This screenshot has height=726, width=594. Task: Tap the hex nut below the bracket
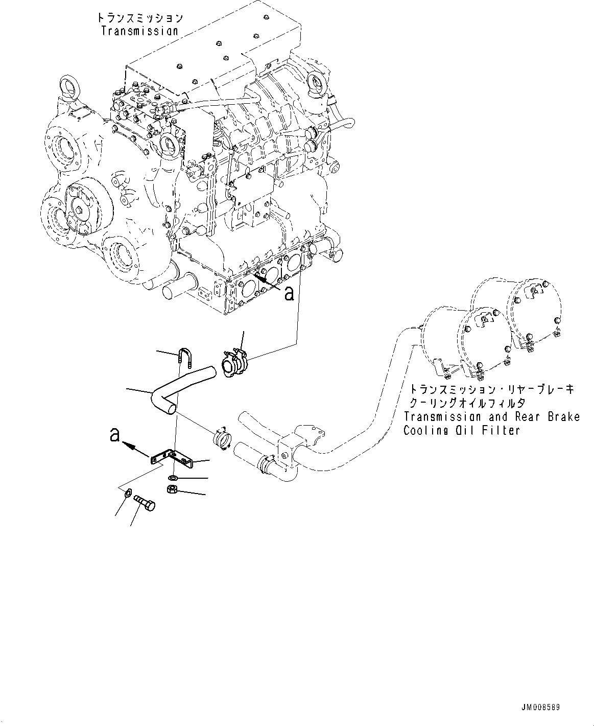[x=173, y=490]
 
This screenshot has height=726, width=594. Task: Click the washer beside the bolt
[x=128, y=493]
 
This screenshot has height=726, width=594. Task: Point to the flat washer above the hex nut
[x=173, y=478]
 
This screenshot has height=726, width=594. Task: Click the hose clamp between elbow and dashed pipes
[x=221, y=438]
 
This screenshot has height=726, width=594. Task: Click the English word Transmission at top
[x=139, y=31]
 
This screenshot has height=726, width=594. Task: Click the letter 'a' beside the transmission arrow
[x=289, y=294]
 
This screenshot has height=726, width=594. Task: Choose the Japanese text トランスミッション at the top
[x=140, y=18]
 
